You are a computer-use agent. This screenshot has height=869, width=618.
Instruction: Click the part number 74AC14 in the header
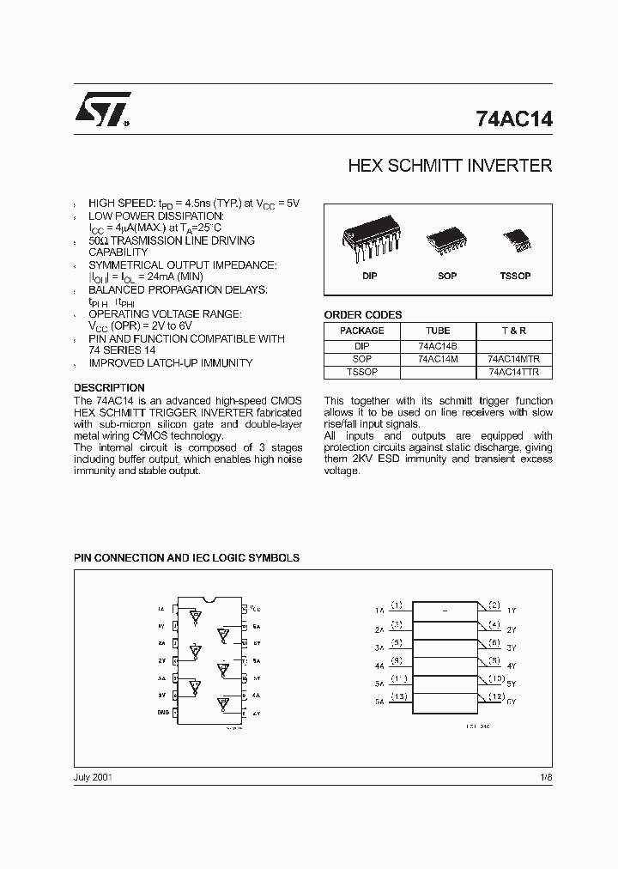coord(513,120)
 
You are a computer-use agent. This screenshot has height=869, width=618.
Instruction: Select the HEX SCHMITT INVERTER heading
coord(450,166)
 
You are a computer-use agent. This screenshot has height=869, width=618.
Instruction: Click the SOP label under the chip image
coord(446,276)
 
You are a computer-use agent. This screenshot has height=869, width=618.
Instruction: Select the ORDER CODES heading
coord(362,315)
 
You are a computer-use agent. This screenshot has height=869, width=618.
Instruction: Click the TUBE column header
coord(438,331)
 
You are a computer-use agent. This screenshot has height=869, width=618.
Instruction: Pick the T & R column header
coord(514,331)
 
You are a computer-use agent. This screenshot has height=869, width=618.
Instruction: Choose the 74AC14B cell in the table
coord(438,346)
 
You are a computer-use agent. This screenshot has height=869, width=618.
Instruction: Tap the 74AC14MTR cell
coord(514,359)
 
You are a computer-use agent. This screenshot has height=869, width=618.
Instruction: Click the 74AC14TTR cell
coord(514,373)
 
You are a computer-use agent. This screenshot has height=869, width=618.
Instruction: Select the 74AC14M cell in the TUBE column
coord(438,359)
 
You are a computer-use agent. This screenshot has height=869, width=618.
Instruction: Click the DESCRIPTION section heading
coord(109,388)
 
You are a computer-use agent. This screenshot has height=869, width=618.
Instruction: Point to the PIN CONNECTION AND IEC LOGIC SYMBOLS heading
coord(186,558)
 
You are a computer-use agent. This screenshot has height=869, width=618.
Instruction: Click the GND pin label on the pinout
coord(162,713)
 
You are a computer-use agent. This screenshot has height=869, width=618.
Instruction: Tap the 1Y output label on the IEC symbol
coord(512,610)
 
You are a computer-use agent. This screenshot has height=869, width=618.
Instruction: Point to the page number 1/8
coord(546,776)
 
